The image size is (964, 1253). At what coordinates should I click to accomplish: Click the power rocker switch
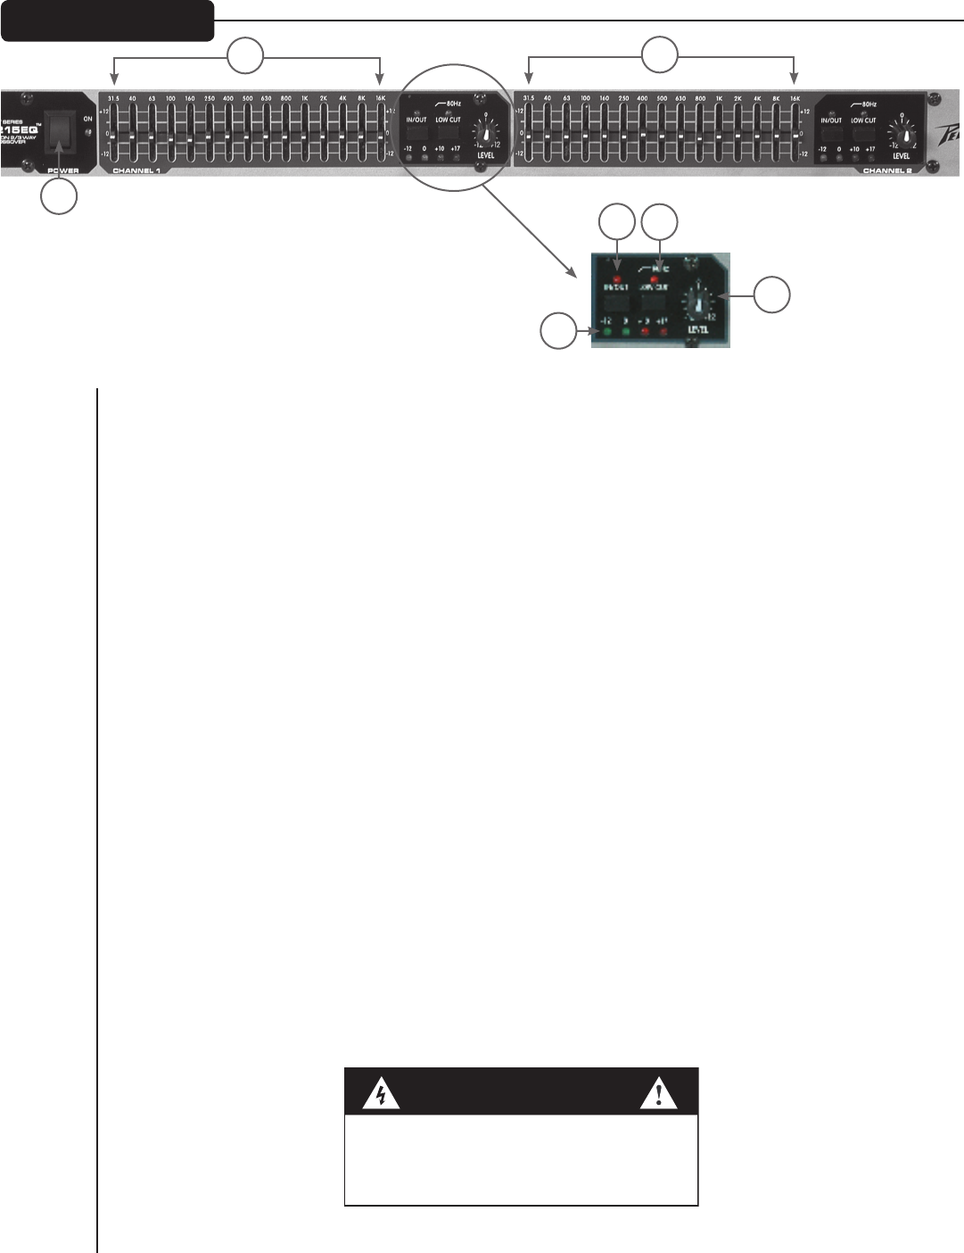coord(62,134)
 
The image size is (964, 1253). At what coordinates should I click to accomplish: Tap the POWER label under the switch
coord(63,170)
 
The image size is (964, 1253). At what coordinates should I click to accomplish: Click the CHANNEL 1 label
coord(136,170)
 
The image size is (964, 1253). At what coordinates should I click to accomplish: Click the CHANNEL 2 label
coord(887,170)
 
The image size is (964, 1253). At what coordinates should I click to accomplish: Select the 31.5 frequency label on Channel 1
coord(113,98)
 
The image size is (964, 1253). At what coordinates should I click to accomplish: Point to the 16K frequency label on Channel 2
coord(795,98)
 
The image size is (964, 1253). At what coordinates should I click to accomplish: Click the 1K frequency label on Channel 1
coord(304,98)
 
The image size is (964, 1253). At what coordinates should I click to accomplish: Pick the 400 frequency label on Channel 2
coord(642,98)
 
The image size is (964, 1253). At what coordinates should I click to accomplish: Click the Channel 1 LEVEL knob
coord(486,133)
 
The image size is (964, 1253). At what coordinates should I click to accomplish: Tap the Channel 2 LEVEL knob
coord(906,135)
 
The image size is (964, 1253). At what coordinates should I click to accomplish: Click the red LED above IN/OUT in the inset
coord(617,267)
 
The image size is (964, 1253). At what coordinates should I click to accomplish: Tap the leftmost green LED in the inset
coord(606,333)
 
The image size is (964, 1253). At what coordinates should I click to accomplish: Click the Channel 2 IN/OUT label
coord(831,120)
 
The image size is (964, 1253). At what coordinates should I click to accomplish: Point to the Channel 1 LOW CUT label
coord(448,120)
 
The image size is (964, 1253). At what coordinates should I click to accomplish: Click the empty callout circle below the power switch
coord(59,196)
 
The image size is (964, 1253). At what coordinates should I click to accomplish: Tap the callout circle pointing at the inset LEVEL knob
coord(772,295)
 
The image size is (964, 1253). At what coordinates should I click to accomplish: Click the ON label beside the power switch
coord(87,119)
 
